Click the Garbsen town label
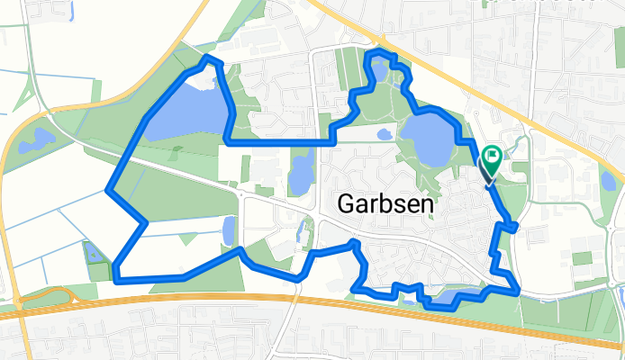click(384, 203)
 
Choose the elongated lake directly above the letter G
click(299, 172)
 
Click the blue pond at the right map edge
click(609, 181)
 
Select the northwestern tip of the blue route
click(211, 58)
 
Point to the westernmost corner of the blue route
click(108, 191)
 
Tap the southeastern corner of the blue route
click(517, 289)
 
